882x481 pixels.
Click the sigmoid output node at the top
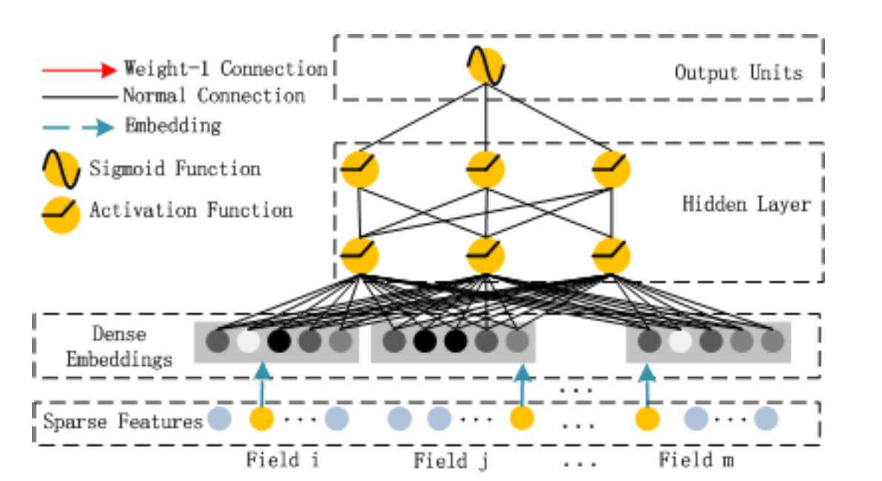[486, 66]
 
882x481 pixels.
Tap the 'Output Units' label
[738, 73]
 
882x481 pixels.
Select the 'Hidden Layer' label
[745, 203]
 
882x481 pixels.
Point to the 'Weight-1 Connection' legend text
[225, 69]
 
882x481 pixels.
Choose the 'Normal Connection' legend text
[213, 96]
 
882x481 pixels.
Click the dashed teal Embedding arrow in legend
[79, 127]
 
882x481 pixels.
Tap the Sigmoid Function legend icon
[61, 169]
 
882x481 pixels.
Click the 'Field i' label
[283, 460]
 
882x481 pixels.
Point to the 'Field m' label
[696, 460]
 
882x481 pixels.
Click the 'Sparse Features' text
[122, 422]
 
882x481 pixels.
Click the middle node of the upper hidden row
[486, 170]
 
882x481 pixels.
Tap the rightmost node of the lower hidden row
[612, 255]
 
